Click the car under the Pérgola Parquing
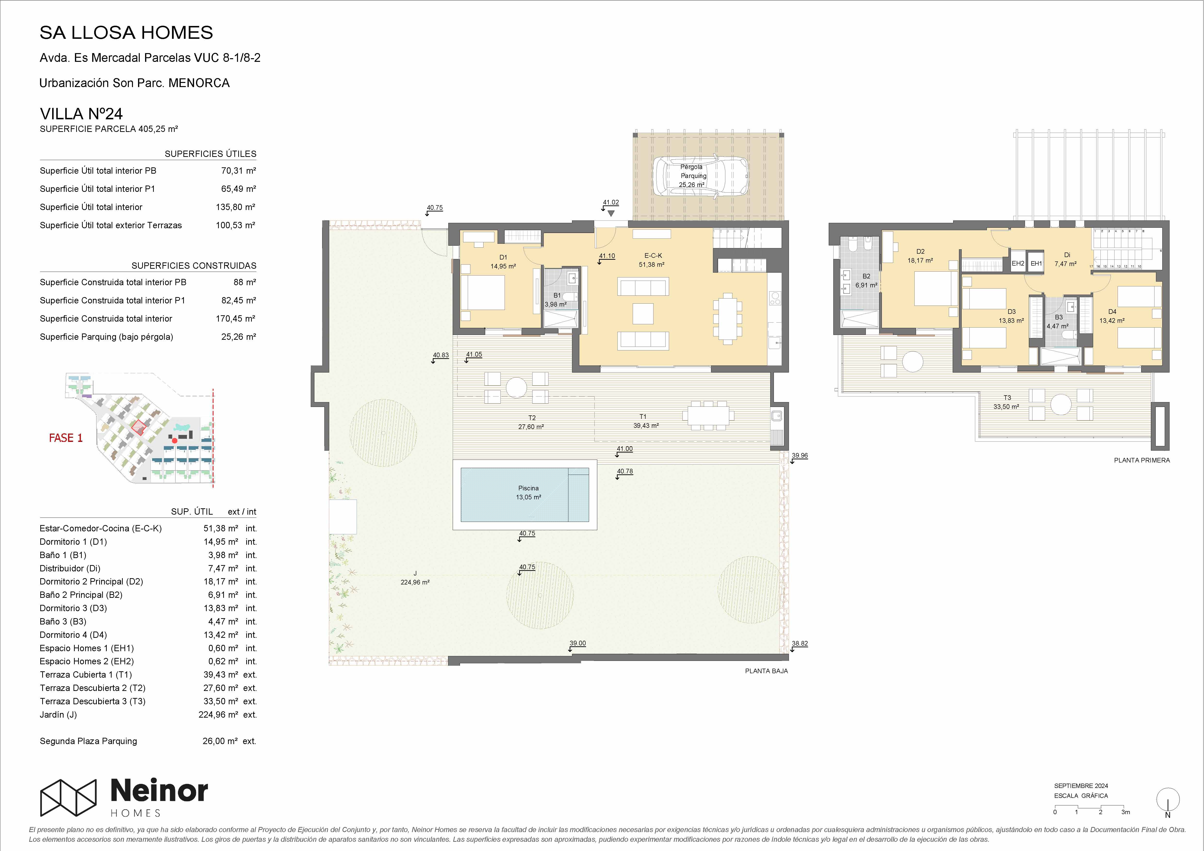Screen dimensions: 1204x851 [x=691, y=177]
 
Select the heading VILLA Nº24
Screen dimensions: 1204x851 [x=81, y=114]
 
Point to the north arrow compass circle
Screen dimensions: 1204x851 [x=1168, y=800]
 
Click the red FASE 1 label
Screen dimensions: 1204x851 [x=66, y=438]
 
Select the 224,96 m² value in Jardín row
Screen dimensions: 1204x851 [x=218, y=715]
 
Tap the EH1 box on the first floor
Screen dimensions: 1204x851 [x=1036, y=263]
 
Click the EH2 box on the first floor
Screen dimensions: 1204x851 [x=1018, y=263]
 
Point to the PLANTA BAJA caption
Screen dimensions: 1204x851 [x=766, y=671]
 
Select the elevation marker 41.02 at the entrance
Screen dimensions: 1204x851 [x=610, y=203]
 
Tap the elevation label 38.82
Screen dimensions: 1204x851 [x=800, y=643]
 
